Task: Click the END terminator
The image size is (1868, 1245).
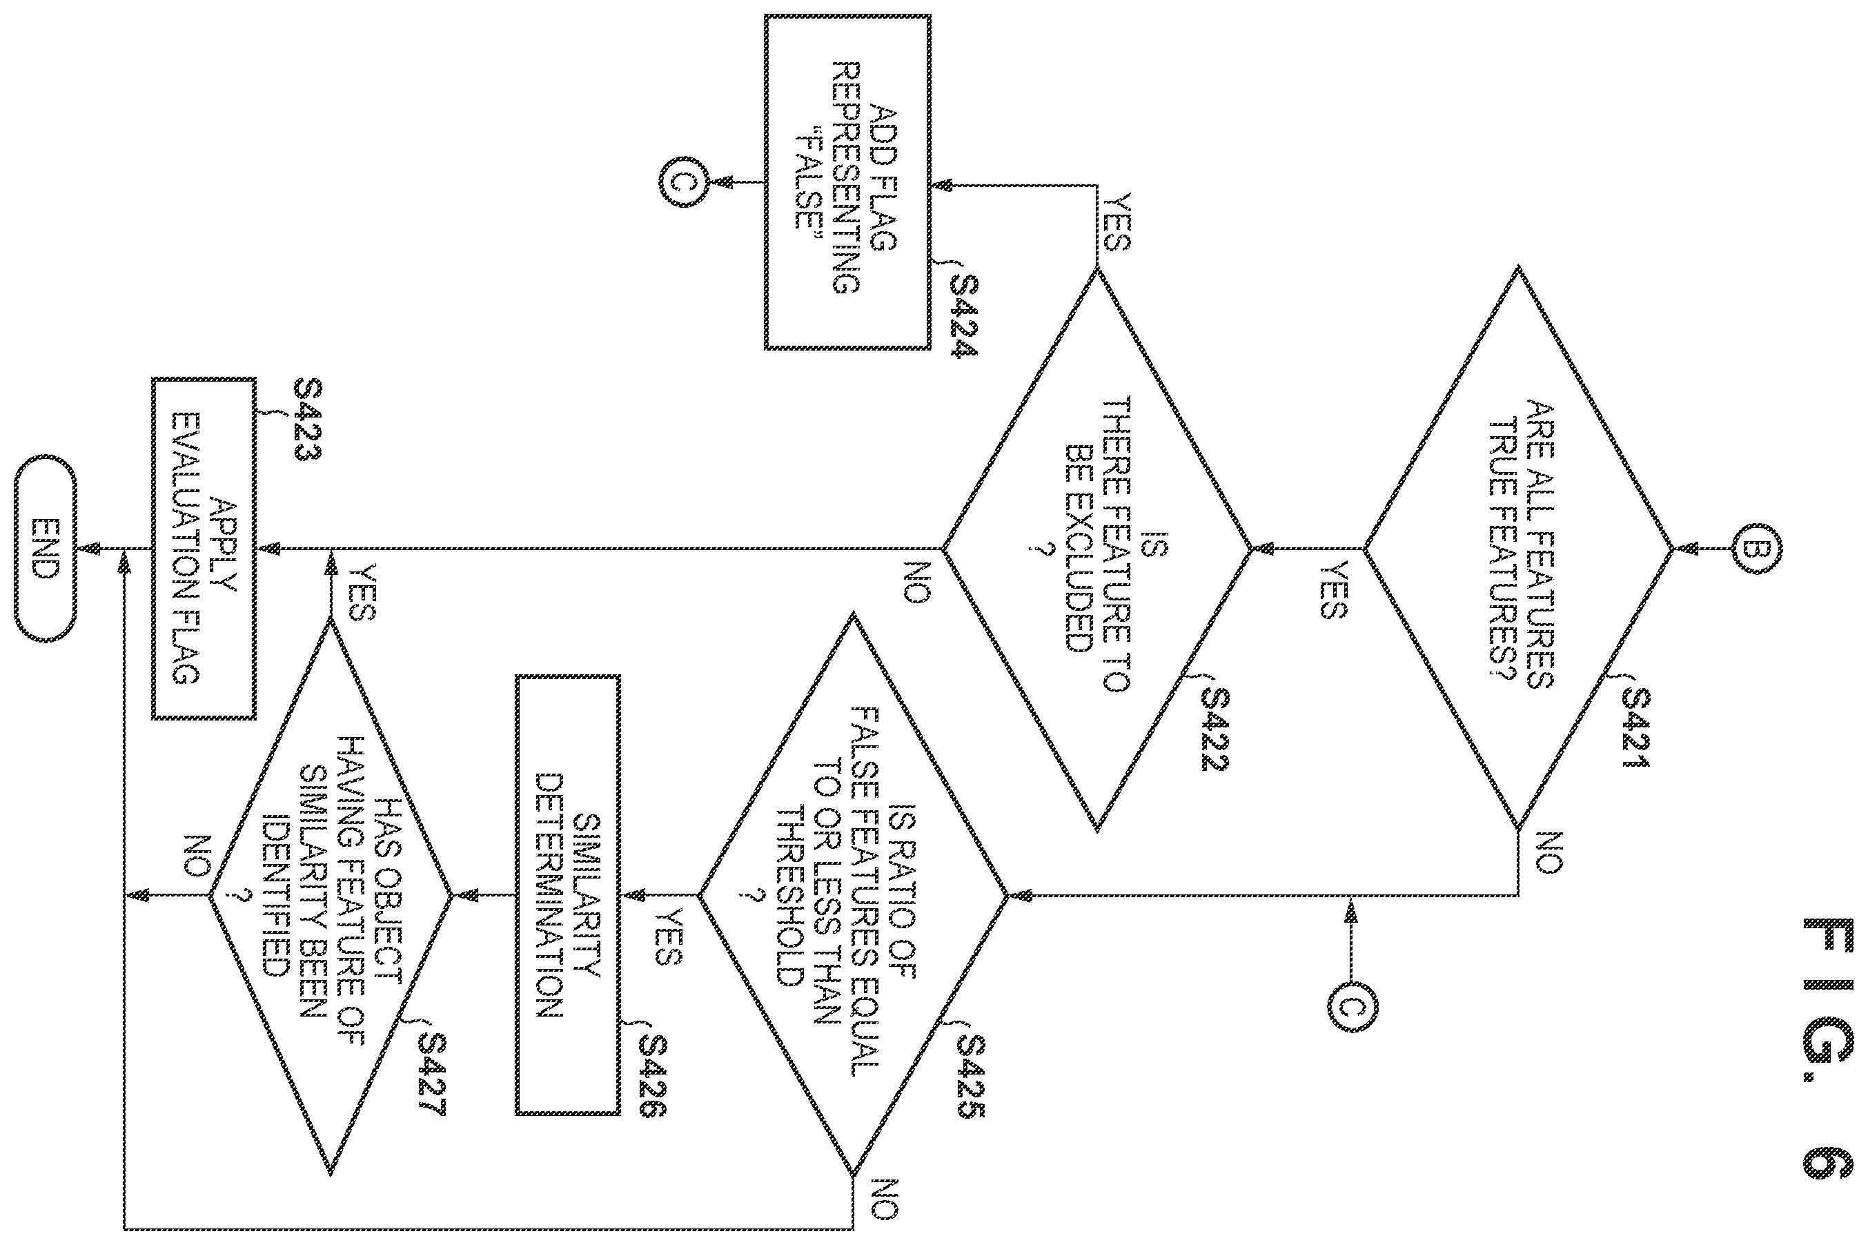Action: tap(46, 548)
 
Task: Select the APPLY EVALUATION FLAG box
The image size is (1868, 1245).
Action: tap(204, 548)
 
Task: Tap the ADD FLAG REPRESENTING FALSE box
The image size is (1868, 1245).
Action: tap(847, 182)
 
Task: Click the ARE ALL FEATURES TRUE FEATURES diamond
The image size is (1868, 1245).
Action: tap(1519, 548)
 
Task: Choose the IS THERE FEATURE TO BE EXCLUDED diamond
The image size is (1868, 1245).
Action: tap(1097, 548)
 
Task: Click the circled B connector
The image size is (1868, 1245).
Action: tap(1758, 548)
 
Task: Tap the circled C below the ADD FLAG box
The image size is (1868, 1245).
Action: tap(682, 182)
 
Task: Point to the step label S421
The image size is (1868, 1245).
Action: tap(1635, 728)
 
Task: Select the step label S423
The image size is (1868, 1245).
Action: tap(307, 421)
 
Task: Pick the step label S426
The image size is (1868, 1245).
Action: tap(653, 1077)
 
